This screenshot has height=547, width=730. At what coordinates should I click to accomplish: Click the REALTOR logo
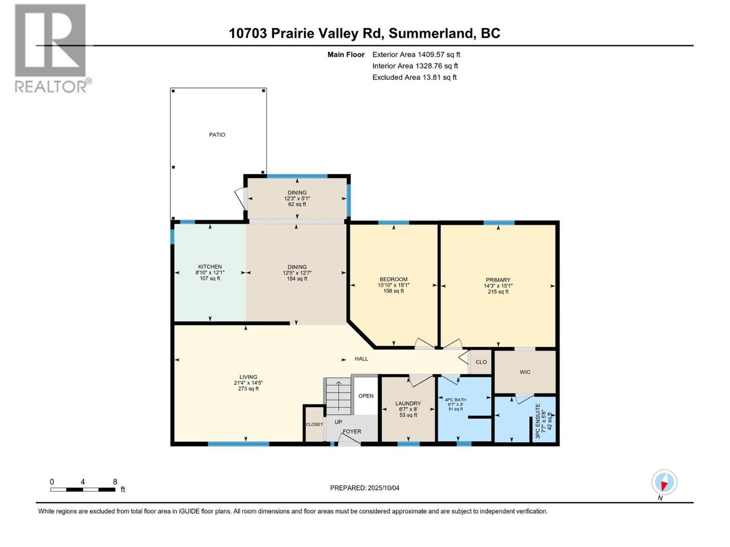(x=50, y=48)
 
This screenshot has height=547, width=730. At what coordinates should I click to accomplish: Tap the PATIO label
(x=217, y=135)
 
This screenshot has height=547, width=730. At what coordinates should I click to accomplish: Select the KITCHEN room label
(x=210, y=267)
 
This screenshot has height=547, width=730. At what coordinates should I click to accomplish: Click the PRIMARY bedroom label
(x=498, y=280)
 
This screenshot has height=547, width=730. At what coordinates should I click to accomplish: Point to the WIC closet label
(x=525, y=372)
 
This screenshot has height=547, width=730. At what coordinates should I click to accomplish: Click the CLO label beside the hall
(x=481, y=362)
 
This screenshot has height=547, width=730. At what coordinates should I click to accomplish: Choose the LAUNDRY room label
(x=408, y=403)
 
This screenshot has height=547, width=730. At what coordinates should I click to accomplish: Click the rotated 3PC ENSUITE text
(x=537, y=421)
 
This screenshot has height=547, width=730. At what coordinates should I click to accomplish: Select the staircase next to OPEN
(x=338, y=396)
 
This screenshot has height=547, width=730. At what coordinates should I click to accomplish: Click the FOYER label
(x=352, y=431)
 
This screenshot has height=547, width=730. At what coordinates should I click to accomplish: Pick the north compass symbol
(x=664, y=483)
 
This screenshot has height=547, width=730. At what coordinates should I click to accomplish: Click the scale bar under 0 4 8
(x=83, y=490)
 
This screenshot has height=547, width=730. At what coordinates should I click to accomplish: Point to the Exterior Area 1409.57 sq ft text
(x=416, y=55)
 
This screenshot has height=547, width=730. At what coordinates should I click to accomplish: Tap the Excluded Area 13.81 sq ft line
(x=414, y=77)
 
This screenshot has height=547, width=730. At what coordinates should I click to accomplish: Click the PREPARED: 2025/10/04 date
(x=365, y=488)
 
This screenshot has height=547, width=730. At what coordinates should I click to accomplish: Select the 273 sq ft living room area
(x=248, y=389)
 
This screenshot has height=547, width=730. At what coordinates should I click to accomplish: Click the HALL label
(x=361, y=359)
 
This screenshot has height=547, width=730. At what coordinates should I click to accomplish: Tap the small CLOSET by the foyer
(x=314, y=424)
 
